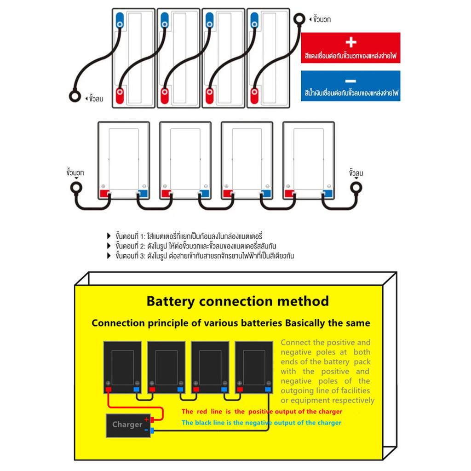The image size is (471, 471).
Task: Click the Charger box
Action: (x=127, y=425)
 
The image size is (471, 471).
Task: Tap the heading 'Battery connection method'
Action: (x=237, y=301)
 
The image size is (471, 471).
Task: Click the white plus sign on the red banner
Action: (x=350, y=42)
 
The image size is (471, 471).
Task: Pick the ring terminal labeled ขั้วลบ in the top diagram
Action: (x=75, y=96)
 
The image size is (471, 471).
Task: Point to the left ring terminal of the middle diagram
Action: (x=75, y=188)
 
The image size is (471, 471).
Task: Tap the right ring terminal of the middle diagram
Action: (x=356, y=188)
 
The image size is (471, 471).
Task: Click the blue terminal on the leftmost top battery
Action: (x=120, y=20)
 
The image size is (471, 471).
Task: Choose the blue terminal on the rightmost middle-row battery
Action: (x=327, y=194)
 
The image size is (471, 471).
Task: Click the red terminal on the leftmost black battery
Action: (x=109, y=390)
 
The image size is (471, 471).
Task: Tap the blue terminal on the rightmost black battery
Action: (x=267, y=390)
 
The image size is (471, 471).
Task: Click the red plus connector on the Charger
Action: (x=152, y=419)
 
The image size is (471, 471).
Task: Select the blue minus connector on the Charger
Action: (x=152, y=430)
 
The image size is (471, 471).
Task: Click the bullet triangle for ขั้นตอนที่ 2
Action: (x=109, y=246)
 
